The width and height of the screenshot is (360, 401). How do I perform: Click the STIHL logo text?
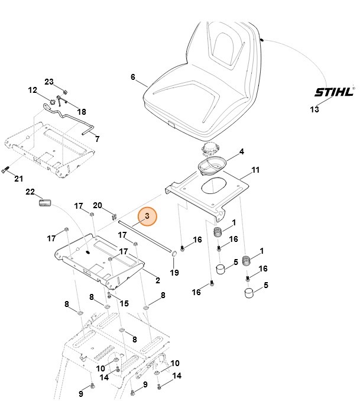pos(333,92)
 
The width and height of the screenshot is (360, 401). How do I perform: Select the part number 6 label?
pos(133,77)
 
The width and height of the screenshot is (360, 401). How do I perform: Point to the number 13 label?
pos(314,109)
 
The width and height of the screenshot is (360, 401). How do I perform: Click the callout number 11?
pos(255,170)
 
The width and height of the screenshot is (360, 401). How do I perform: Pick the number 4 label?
pos(241,152)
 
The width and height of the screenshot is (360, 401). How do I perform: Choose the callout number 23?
pos(49,82)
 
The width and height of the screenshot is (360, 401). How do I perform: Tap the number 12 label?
pos(33,90)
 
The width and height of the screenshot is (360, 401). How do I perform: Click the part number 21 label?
pos(19,179)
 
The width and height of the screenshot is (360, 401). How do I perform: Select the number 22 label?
pos(30,192)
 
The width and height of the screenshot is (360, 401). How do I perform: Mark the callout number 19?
pos(174,272)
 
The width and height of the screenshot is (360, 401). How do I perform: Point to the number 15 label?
pos(124,303)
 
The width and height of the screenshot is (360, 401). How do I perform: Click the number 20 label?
pos(98,205)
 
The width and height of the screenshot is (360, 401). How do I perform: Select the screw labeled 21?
pos(5,171)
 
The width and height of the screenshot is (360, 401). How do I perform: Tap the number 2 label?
pos(158,280)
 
